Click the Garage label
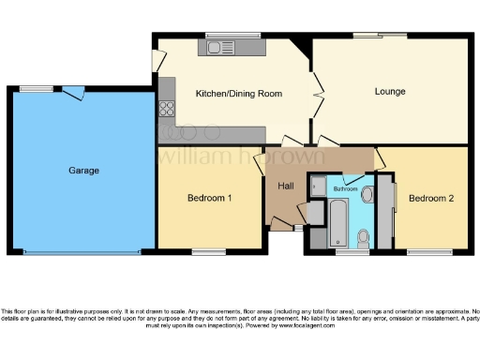pos(83,171)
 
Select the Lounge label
pos(389,92)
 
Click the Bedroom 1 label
pos(210,198)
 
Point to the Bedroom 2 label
pos(431,198)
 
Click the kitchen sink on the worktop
pos(226,47)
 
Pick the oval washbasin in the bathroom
pos(367,195)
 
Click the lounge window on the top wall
pos(380,36)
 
